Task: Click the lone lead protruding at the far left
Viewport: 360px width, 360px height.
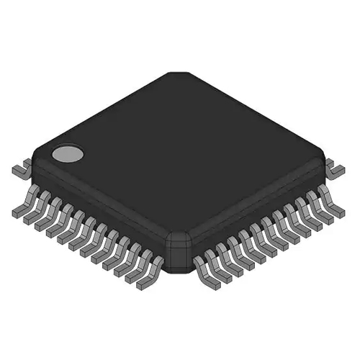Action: click(19, 170)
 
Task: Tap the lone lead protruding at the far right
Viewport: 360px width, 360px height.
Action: click(336, 169)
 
